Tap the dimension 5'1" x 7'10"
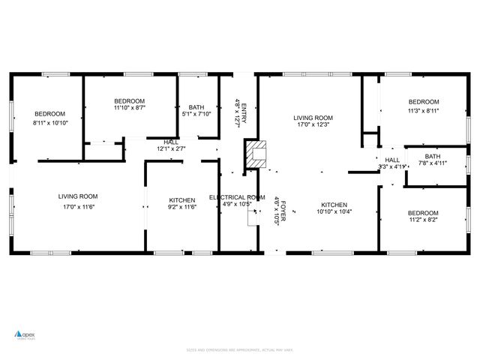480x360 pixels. tap(197, 115)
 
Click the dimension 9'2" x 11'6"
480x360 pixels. tap(181, 208)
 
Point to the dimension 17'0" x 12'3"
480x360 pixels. tap(313, 125)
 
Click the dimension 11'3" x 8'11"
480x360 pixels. tap(423, 110)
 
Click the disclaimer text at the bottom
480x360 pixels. tap(239, 349)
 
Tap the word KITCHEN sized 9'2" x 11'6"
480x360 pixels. tap(181, 200)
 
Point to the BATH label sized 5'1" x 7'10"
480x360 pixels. tap(197, 106)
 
